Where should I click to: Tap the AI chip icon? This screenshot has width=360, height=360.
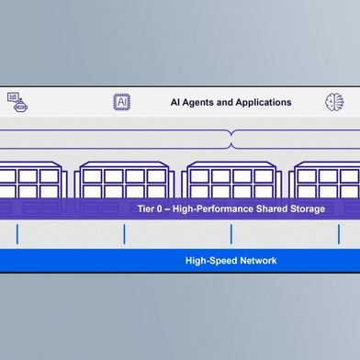tap(121, 102)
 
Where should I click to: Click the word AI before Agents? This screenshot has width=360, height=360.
tap(176, 103)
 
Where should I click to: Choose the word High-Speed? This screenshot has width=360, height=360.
tap(209, 261)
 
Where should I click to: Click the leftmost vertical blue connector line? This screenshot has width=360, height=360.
tap(17, 234)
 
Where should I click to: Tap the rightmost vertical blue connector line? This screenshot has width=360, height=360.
tap(338, 234)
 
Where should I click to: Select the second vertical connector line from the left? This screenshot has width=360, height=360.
tap(124, 234)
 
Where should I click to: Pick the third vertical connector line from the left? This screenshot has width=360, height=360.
tap(231, 234)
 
